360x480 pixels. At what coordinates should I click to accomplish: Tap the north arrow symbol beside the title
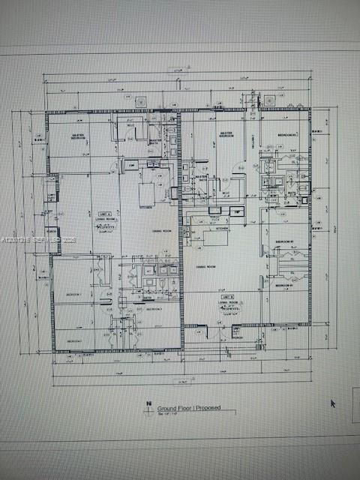(151, 406)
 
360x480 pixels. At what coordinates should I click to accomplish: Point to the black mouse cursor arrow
(332, 403)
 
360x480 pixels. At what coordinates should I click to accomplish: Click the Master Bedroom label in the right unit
(226, 133)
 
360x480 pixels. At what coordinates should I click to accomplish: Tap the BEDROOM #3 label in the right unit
(288, 135)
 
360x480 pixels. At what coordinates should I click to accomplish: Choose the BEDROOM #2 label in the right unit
(284, 241)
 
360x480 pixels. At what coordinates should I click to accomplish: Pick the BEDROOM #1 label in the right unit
(284, 286)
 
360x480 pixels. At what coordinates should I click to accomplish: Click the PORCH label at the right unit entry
(236, 337)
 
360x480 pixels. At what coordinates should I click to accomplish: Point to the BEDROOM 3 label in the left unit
(154, 308)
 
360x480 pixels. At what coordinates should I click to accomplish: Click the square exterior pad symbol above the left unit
(139, 100)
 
